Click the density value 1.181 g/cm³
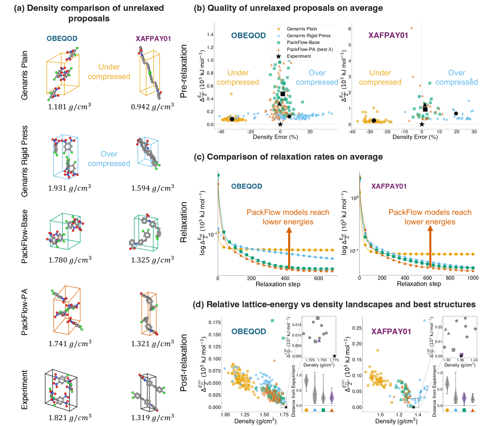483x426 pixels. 69,106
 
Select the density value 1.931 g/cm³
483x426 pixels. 69,188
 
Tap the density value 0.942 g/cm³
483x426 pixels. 152,106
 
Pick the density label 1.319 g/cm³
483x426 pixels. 152,418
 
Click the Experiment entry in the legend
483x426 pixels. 298,56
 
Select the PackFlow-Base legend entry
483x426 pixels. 303,43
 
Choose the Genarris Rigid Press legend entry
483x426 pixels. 309,36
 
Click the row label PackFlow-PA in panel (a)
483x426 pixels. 24,312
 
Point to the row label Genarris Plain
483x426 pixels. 24,75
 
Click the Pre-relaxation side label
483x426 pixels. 184,71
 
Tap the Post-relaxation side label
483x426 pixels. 184,362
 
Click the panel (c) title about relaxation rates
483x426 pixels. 288,157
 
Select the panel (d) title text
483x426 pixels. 334,304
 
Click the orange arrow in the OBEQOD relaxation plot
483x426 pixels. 289,248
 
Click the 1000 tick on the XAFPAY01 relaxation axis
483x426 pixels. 473,278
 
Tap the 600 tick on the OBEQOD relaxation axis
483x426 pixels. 318,278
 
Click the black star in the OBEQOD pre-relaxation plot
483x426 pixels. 280,124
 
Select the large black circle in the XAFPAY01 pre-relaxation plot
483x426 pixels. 374,120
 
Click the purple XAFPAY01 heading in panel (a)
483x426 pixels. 153,39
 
